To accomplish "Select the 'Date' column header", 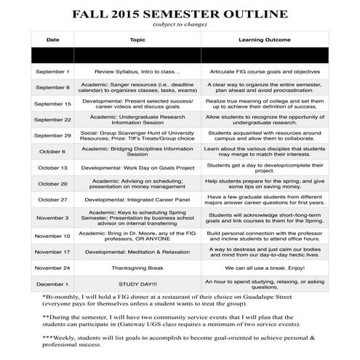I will point(53,40).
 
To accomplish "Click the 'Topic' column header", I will point(137,40).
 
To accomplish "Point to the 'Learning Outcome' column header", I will point(265,40).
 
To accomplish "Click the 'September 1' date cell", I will point(53,72).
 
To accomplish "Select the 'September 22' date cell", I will point(53,119).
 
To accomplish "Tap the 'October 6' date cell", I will point(53,151).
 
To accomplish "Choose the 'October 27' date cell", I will point(53,199).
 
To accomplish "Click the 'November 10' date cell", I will point(53,236).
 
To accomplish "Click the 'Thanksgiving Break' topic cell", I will point(137,267).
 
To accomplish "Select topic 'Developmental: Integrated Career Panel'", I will point(137,199).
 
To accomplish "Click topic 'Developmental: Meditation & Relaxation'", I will point(137,252).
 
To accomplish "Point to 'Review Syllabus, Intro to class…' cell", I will point(137,72).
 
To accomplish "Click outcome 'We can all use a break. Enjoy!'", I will point(265,267).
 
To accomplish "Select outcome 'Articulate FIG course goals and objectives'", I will point(265,72).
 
